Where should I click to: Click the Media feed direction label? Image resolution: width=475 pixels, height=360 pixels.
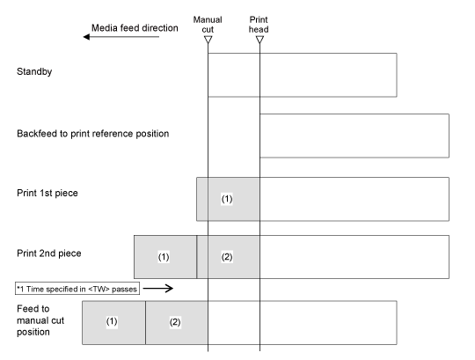click(x=135, y=28)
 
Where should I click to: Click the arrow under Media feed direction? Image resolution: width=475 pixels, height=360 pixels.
click(x=121, y=37)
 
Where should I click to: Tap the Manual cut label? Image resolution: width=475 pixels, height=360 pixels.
click(x=208, y=25)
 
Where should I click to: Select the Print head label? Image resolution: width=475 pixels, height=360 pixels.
click(x=259, y=25)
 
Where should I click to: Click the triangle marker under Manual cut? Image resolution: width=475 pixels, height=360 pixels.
click(x=208, y=40)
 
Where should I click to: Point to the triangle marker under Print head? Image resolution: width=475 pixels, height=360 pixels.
click(x=259, y=40)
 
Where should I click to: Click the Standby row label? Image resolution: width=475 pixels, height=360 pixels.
click(x=34, y=72)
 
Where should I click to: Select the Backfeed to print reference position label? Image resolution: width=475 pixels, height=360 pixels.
click(x=92, y=134)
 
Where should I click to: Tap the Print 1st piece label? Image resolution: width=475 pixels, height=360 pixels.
click(x=47, y=193)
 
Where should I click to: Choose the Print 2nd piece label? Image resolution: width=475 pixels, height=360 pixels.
click(x=49, y=253)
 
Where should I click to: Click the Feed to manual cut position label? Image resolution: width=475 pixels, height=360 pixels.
click(x=40, y=320)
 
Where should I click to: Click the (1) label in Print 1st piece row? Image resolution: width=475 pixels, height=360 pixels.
click(x=227, y=199)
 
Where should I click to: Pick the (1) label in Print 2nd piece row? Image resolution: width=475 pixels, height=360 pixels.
click(x=164, y=257)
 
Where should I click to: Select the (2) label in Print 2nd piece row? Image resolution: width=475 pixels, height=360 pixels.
click(x=227, y=257)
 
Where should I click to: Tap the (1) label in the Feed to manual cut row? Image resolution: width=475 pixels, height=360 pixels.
click(x=112, y=321)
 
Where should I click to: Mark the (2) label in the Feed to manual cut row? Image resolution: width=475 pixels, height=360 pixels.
click(x=175, y=322)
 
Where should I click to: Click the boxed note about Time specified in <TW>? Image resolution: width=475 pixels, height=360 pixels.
click(x=77, y=289)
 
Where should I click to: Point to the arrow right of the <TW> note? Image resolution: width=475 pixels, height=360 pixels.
click(x=158, y=288)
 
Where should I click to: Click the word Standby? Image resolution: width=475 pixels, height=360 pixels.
click(x=34, y=72)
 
